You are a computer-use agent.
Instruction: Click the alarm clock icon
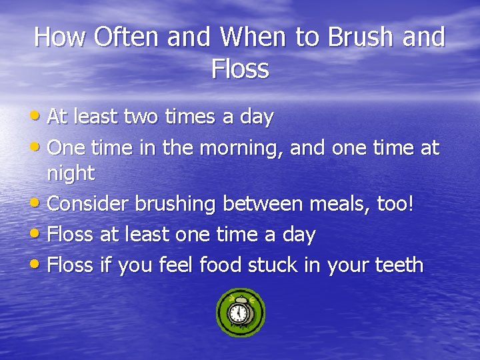click(241, 313)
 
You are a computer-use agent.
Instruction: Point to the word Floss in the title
click(240, 69)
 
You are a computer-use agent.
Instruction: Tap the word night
click(71, 174)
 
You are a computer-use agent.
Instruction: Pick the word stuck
click(273, 265)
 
